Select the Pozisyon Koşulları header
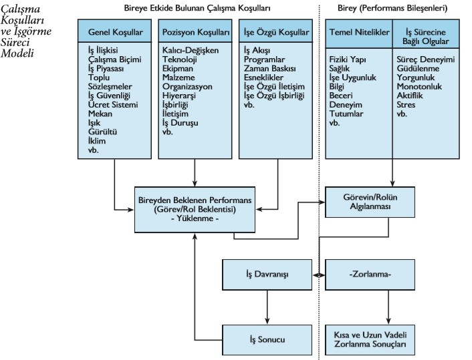click(x=195, y=31)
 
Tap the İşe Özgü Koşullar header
click(x=276, y=31)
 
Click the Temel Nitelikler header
click(x=358, y=31)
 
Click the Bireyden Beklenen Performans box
click(x=194, y=208)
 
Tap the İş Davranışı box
click(x=267, y=275)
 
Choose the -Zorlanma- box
click(x=369, y=275)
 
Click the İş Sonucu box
click(x=267, y=339)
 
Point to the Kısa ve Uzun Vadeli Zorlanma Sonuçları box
click(x=369, y=339)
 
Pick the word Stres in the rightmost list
click(x=406, y=105)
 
